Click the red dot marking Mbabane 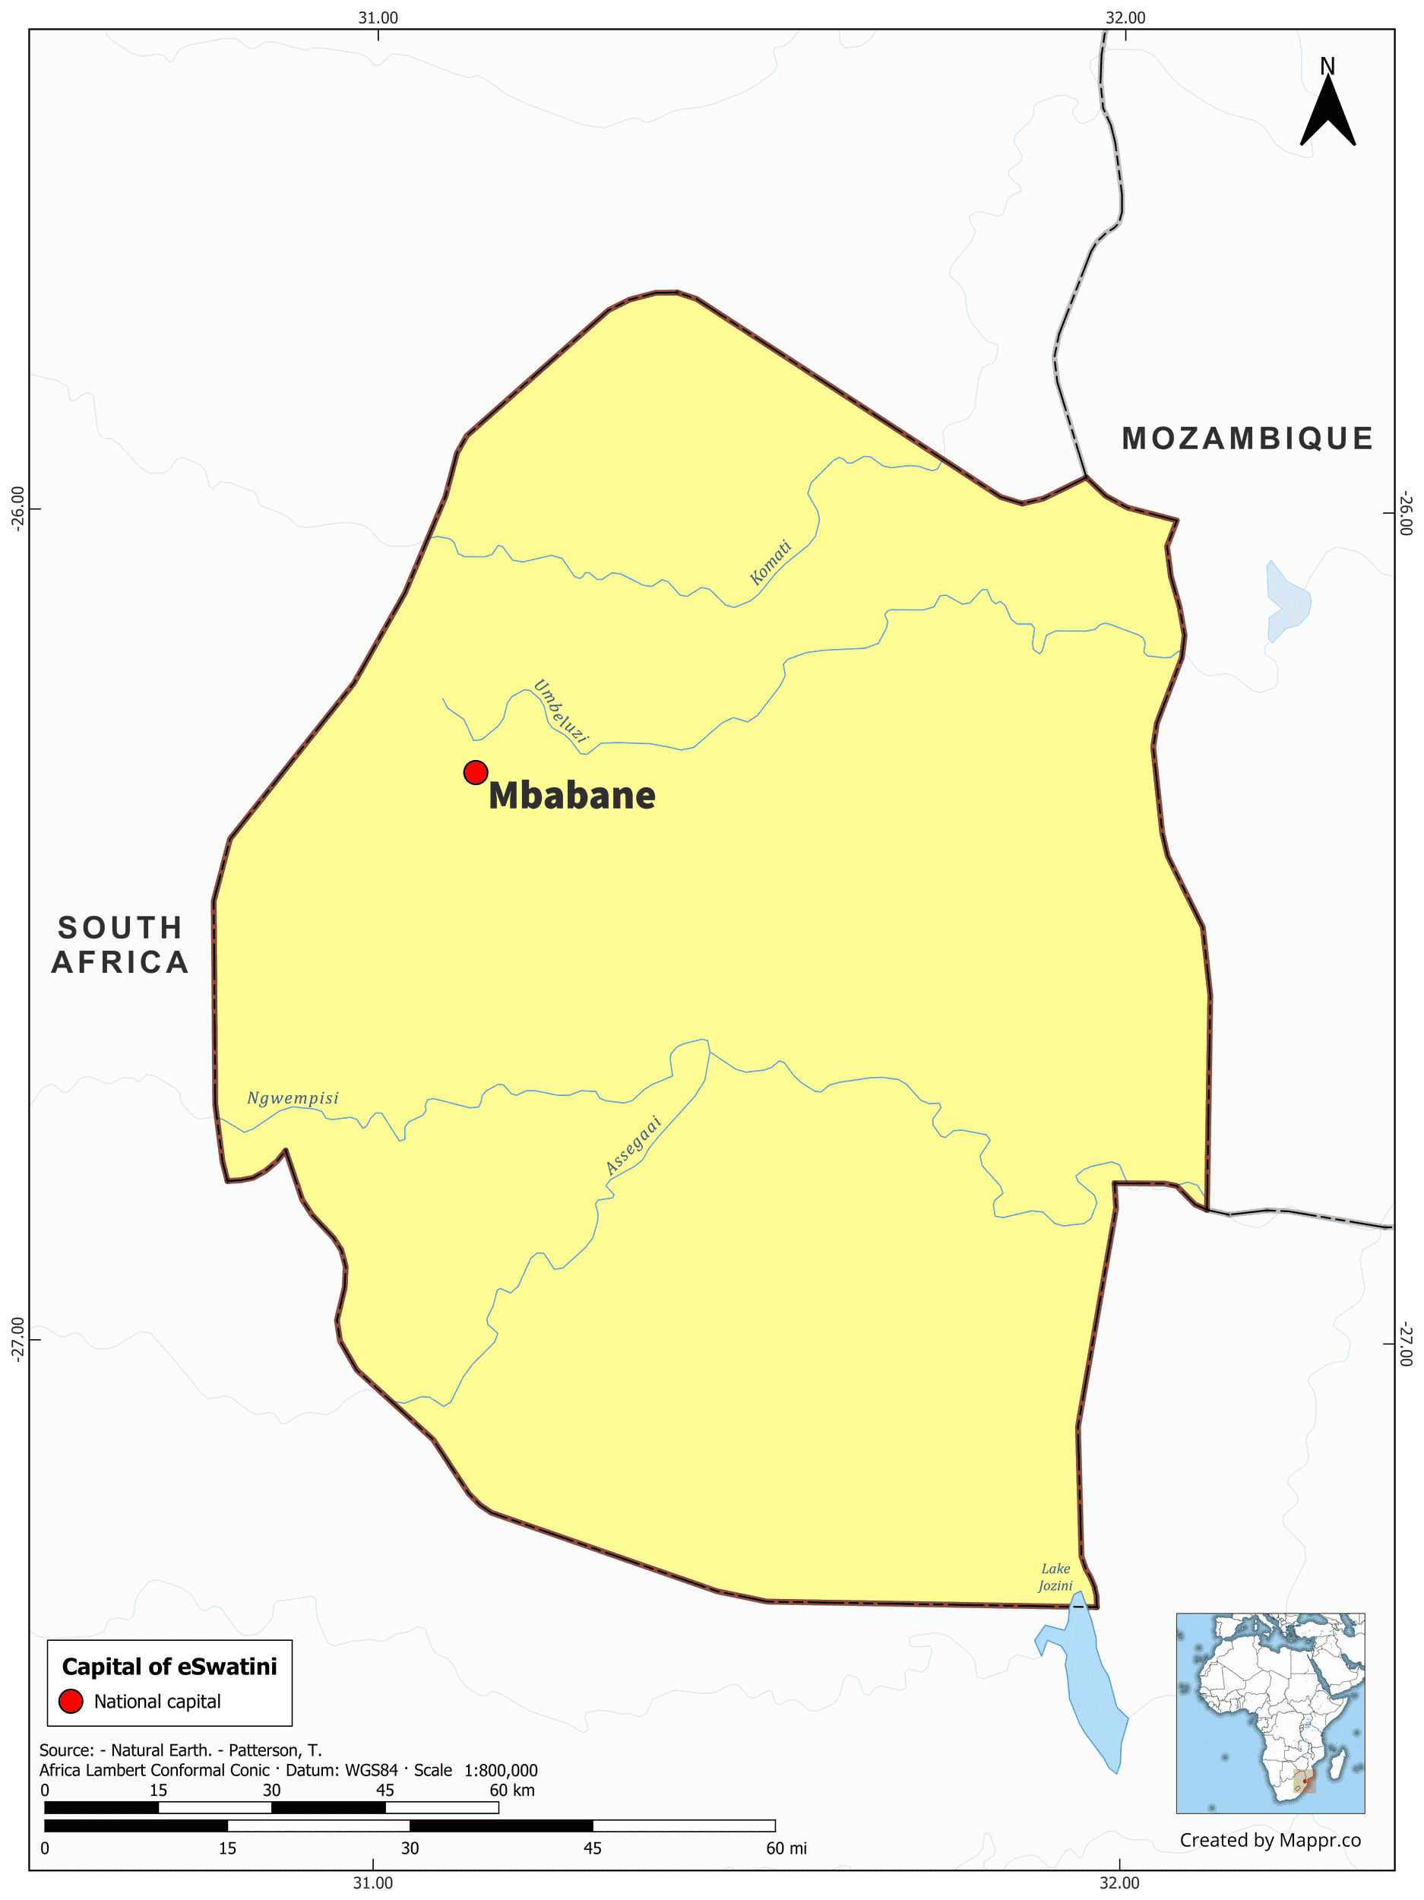(x=475, y=772)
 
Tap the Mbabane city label (x=571, y=796)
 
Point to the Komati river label (x=770, y=562)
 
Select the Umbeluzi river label (x=560, y=711)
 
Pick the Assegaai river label (x=633, y=1145)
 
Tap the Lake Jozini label (x=1055, y=1577)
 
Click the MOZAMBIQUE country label (x=1246, y=439)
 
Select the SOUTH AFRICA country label (x=120, y=945)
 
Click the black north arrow (x=1327, y=112)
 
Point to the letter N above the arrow (x=1327, y=66)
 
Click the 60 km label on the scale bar (x=512, y=1790)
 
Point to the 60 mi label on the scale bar (x=786, y=1848)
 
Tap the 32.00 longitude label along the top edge (x=1125, y=17)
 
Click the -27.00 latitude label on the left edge (x=17, y=1340)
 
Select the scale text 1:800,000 (x=501, y=1770)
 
